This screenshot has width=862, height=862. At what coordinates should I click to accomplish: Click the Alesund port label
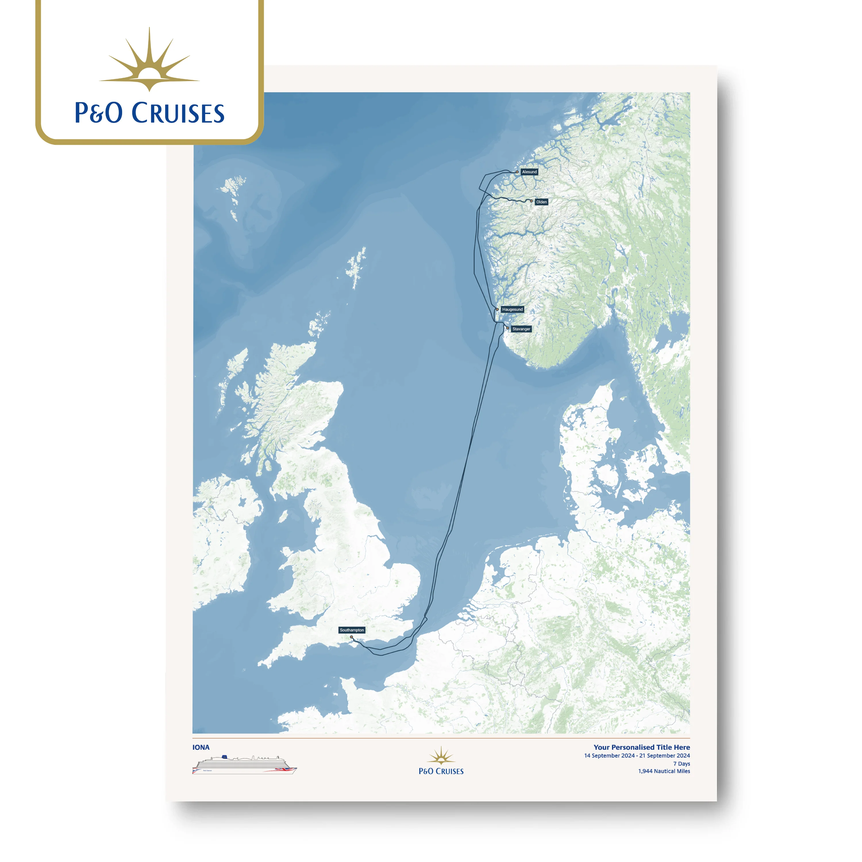[x=529, y=172]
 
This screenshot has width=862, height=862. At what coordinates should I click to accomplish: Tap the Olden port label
[x=541, y=202]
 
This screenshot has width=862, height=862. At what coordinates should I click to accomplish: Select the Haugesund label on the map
[x=512, y=309]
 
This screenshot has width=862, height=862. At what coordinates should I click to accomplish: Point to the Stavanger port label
[x=521, y=329]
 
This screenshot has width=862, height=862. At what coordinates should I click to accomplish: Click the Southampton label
[x=352, y=630]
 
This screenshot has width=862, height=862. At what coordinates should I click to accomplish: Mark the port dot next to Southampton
[x=351, y=637]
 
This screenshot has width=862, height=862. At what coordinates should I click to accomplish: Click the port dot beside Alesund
[x=517, y=172]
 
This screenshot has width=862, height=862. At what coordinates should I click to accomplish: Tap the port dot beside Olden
[x=531, y=201]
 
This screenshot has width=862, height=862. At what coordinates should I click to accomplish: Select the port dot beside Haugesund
[x=497, y=309]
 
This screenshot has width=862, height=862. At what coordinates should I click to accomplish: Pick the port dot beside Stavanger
[x=507, y=328]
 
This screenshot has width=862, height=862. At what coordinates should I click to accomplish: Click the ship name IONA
[x=201, y=747]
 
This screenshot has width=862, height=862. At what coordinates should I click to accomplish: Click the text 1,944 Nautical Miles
[x=664, y=771]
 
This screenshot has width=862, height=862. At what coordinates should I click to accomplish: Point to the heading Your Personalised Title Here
[x=642, y=747]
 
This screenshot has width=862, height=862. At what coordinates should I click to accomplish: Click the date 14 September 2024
[x=609, y=756]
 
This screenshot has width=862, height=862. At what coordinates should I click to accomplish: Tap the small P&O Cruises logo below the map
[x=441, y=762]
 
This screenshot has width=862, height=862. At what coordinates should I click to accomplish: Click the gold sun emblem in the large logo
[x=149, y=62]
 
